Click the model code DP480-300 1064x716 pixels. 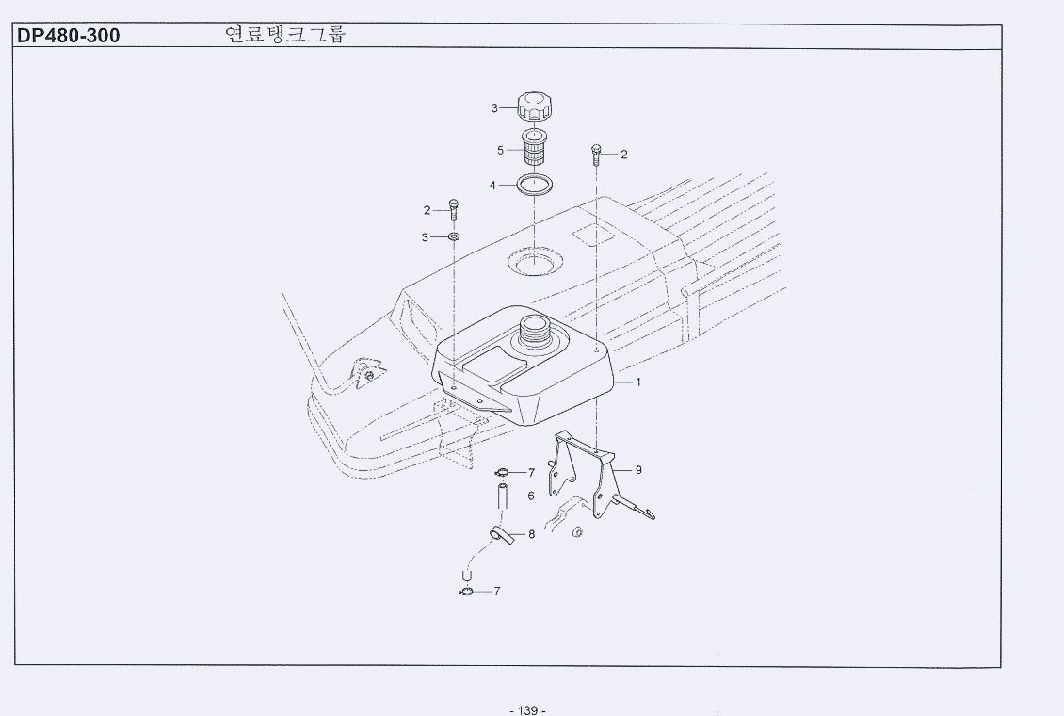click(68, 35)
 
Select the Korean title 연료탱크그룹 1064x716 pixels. click(285, 35)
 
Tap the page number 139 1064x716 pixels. click(527, 710)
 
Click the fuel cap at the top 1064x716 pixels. click(536, 108)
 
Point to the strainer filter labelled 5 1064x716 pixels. click(535, 150)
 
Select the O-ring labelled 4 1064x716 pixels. click(535, 185)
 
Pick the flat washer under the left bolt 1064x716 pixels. click(454, 236)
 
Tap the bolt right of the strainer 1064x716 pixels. click(597, 155)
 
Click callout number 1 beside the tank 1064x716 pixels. click(637, 382)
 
